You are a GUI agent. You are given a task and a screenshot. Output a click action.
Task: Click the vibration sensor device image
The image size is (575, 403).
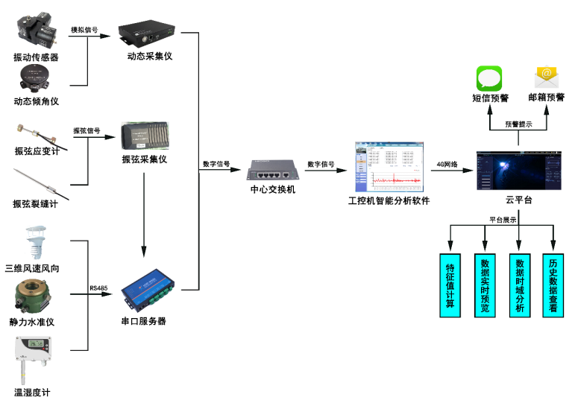click(x=35, y=31)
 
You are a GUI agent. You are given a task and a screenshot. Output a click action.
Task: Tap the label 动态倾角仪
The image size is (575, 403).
click(x=36, y=101)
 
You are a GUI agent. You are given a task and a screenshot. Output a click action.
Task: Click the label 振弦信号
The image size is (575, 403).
click(x=87, y=131)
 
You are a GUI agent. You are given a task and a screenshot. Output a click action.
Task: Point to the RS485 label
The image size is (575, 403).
click(x=98, y=288)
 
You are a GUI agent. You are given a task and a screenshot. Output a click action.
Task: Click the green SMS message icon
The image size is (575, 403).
click(x=489, y=78)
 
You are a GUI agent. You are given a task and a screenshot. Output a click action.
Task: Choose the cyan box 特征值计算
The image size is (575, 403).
click(x=450, y=286)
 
